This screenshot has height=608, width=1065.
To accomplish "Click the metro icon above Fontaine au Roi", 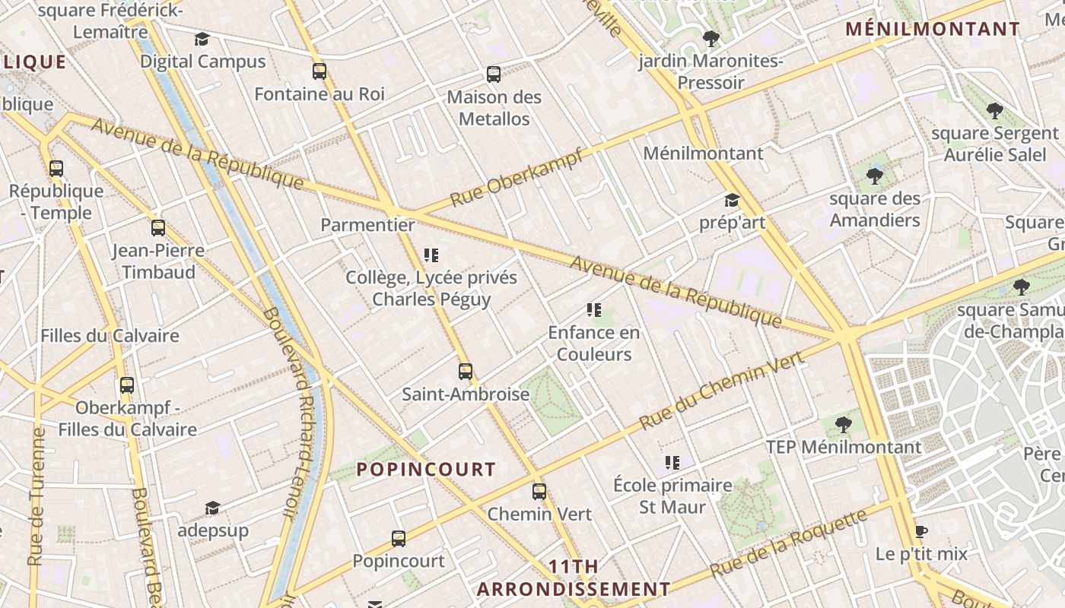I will pyautogui.click(x=319, y=71).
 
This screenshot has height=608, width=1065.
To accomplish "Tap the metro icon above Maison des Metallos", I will pyautogui.click(x=494, y=74).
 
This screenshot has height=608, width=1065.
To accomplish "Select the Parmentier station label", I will pyautogui.click(x=367, y=225).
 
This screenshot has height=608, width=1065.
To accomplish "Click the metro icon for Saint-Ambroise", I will pyautogui.click(x=466, y=372).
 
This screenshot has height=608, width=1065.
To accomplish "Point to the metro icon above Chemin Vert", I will pyautogui.click(x=539, y=492).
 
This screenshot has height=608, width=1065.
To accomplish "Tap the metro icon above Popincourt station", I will pyautogui.click(x=399, y=539).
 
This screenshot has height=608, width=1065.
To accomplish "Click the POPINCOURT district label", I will pyautogui.click(x=426, y=470).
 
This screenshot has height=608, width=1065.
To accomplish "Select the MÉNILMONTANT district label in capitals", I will pyautogui.click(x=933, y=30).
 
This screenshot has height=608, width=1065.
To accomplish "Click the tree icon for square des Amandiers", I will pyautogui.click(x=874, y=177).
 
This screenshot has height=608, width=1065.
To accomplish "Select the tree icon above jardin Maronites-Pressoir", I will pyautogui.click(x=711, y=38).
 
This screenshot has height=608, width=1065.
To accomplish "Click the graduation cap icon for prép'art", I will pyautogui.click(x=732, y=201).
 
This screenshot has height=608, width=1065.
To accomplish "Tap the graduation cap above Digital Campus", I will pyautogui.click(x=202, y=39).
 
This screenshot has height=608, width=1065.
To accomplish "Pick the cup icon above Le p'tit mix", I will pyautogui.click(x=921, y=531).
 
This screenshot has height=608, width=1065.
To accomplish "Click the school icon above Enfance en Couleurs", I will pyautogui.click(x=594, y=310).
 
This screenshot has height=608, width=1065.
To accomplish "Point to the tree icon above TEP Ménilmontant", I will pyautogui.click(x=843, y=424).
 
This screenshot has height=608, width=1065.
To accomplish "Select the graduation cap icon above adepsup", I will pyautogui.click(x=212, y=508).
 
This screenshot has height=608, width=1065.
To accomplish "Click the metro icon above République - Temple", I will pyautogui.click(x=56, y=169).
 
